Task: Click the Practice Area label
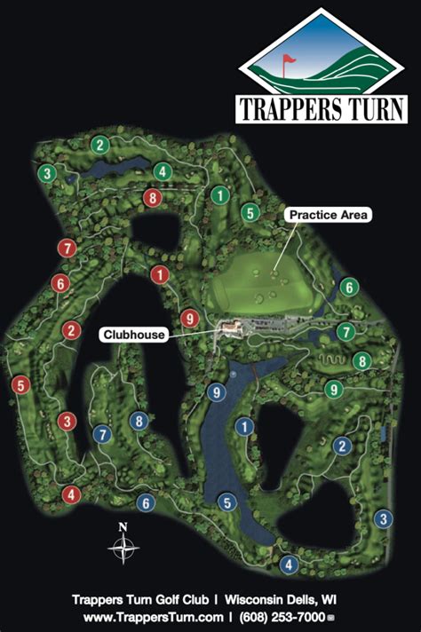[x=328, y=215]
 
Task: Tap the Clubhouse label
[x=134, y=335]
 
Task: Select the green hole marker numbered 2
[x=100, y=145]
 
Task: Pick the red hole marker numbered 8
[x=153, y=197]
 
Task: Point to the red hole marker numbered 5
[x=20, y=385]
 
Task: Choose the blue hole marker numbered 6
[x=146, y=502]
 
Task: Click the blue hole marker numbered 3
[x=383, y=519]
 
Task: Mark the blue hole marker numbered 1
[x=242, y=428]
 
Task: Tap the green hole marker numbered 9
[x=334, y=389]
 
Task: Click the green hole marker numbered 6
[x=350, y=287]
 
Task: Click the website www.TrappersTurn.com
[x=153, y=615]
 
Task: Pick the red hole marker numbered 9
[x=188, y=318]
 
